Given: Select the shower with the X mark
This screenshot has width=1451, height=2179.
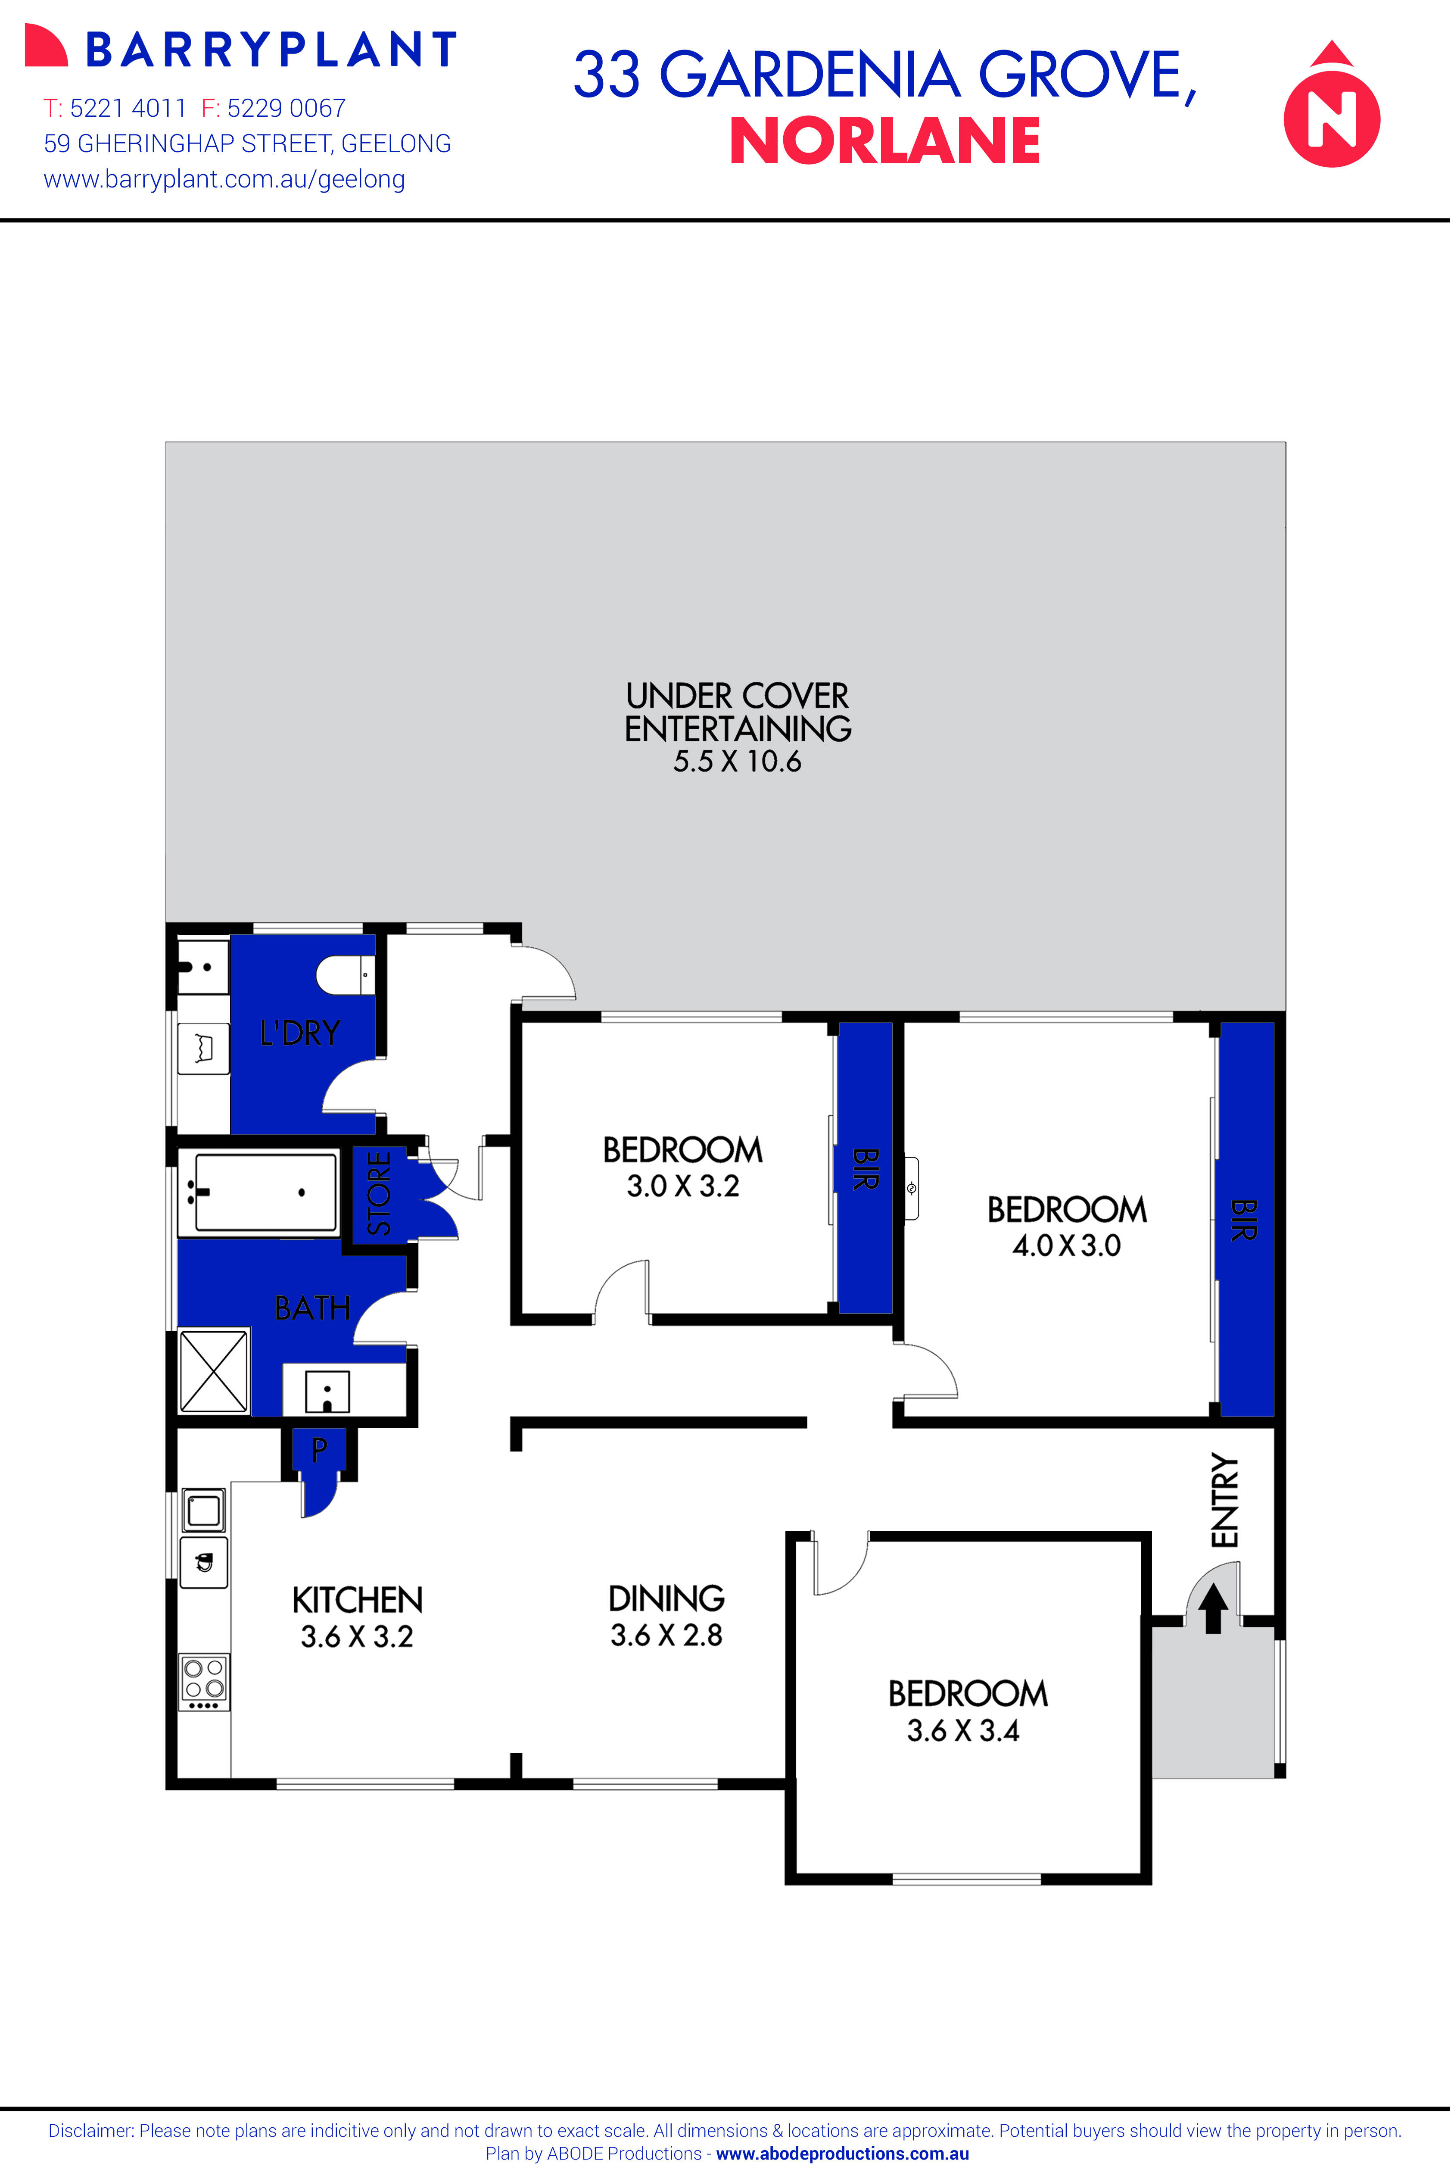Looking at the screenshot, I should [x=214, y=1371].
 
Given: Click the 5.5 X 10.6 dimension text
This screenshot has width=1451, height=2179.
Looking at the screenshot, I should [x=737, y=762].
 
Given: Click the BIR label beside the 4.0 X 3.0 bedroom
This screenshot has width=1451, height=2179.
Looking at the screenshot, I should [x=1245, y=1220].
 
